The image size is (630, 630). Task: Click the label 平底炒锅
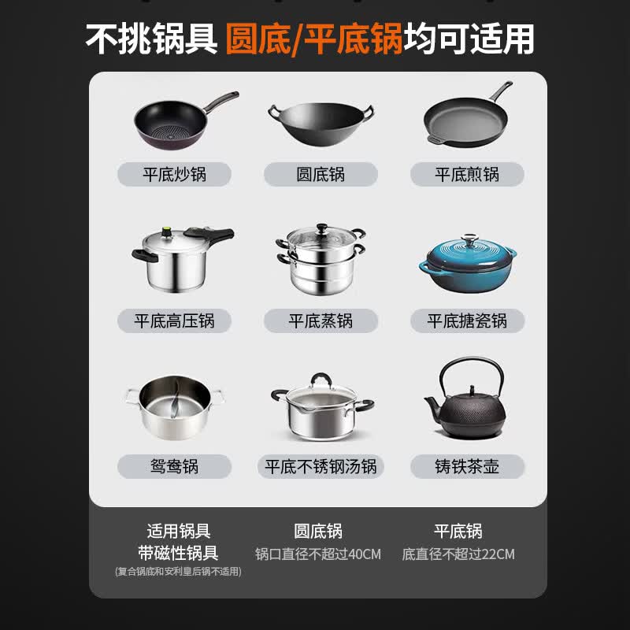click(174, 174)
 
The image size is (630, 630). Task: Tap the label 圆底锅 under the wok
click(321, 174)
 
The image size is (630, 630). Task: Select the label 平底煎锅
click(467, 174)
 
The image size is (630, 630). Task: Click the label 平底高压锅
click(174, 321)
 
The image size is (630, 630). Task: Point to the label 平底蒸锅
click(321, 321)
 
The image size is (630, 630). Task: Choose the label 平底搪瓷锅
click(467, 321)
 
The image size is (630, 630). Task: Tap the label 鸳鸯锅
click(174, 466)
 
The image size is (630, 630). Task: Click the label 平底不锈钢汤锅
click(321, 466)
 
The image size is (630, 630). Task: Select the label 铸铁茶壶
click(467, 466)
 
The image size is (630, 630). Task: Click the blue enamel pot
click(467, 266)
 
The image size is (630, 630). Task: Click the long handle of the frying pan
click(500, 91)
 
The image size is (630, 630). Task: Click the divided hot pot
click(174, 406)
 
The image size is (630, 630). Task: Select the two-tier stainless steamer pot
click(321, 259)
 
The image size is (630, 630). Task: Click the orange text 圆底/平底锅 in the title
click(314, 39)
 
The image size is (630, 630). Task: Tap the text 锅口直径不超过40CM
click(318, 554)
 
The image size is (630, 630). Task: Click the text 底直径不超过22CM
click(458, 554)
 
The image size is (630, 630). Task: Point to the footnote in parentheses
click(178, 572)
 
